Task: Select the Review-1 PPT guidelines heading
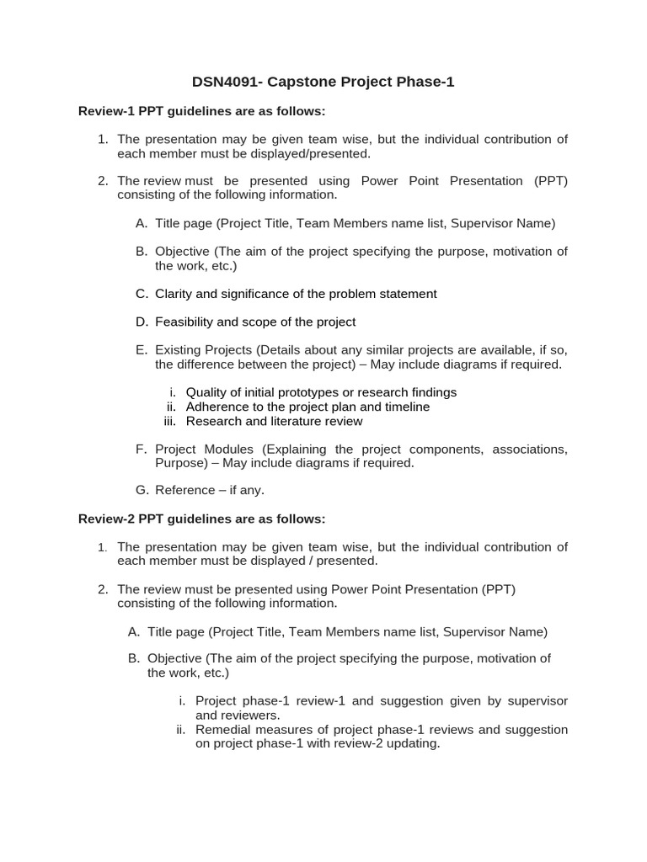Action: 201,111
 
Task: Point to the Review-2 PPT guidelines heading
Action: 201,519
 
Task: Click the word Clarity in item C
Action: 174,294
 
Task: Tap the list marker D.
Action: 141,322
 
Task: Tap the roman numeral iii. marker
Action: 169,421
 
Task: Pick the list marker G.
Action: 141,490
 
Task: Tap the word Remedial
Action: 223,729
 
